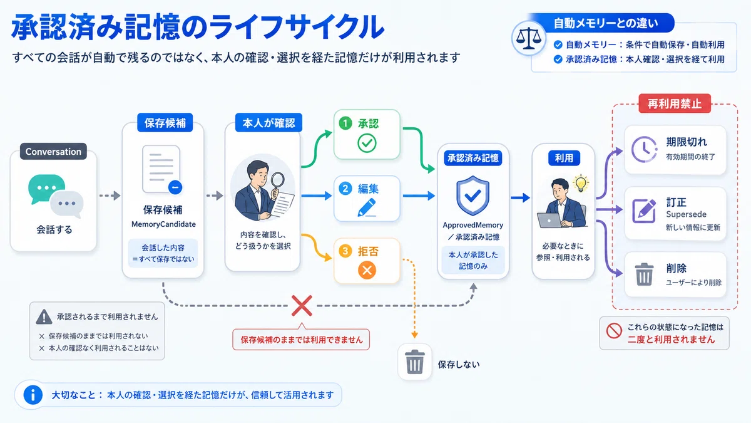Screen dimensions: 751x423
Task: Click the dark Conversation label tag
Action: pyautogui.click(x=53, y=152)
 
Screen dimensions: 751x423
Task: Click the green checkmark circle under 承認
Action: pyautogui.click(x=367, y=144)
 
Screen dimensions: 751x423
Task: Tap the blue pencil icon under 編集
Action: pyautogui.click(x=367, y=207)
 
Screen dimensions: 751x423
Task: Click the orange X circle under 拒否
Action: pyautogui.click(x=367, y=270)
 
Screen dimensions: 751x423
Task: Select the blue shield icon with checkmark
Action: pyautogui.click(x=473, y=196)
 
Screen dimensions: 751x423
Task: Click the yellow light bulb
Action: pyautogui.click(x=581, y=183)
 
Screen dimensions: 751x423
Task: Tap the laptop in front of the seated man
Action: pyautogui.click(x=549, y=221)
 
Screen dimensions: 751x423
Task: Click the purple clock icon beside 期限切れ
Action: pyautogui.click(x=644, y=149)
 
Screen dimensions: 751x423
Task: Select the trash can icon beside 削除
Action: pyautogui.click(x=644, y=274)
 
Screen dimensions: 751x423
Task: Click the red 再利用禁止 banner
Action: pyautogui.click(x=675, y=103)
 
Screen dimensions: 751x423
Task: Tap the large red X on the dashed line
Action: pyautogui.click(x=302, y=306)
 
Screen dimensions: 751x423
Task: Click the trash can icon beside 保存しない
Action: pyautogui.click(x=414, y=362)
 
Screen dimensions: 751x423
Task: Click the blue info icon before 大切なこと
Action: pyautogui.click(x=33, y=395)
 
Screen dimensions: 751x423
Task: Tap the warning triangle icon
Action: pyautogui.click(x=44, y=317)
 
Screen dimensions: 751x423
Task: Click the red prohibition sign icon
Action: pyautogui.click(x=614, y=331)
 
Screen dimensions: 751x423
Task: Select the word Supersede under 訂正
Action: pyautogui.click(x=686, y=214)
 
